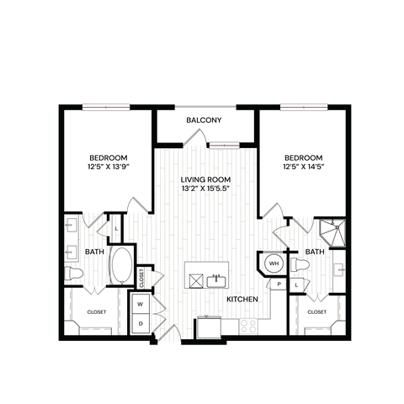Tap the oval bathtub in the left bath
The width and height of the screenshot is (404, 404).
(x=123, y=265)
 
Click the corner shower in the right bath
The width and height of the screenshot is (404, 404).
(x=335, y=231)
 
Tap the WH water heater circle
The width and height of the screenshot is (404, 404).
(x=272, y=263)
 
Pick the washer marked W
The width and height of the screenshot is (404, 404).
(x=140, y=304)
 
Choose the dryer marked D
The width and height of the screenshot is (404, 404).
(x=140, y=322)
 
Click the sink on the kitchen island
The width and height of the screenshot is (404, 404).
(x=218, y=278)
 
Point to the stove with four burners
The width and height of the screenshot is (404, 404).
(x=250, y=323)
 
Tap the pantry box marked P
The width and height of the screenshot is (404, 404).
(x=278, y=284)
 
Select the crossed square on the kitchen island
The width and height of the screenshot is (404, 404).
(x=195, y=279)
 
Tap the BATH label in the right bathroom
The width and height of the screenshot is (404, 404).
(x=315, y=252)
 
